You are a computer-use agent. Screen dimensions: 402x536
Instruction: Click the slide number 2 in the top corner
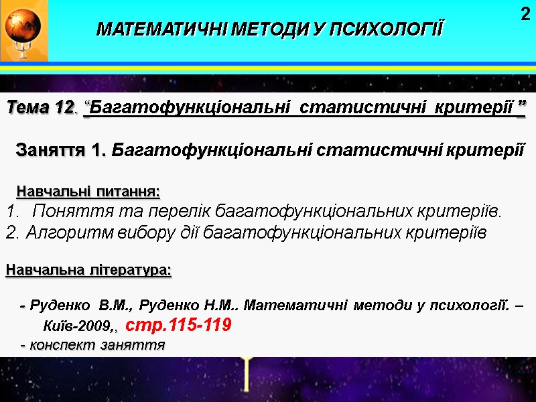525,13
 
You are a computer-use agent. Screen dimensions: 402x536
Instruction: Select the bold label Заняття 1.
61,149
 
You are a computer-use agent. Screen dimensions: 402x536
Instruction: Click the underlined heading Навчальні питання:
88,192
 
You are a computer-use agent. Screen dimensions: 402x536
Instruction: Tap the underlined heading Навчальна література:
88,271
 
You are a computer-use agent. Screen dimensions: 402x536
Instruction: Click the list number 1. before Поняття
13,212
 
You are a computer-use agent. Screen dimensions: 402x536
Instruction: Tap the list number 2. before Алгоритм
13,233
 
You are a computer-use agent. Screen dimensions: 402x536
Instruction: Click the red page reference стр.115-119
179,326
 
